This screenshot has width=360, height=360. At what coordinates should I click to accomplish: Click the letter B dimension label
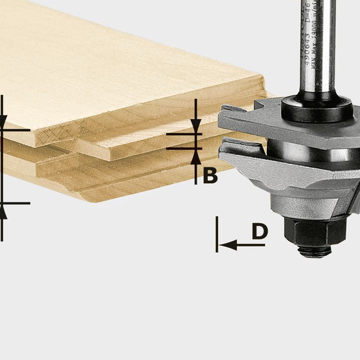[x=209, y=175]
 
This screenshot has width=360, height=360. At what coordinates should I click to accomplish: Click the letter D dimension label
[x=259, y=232]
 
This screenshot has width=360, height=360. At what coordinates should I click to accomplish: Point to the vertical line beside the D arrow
[x=217, y=234]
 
